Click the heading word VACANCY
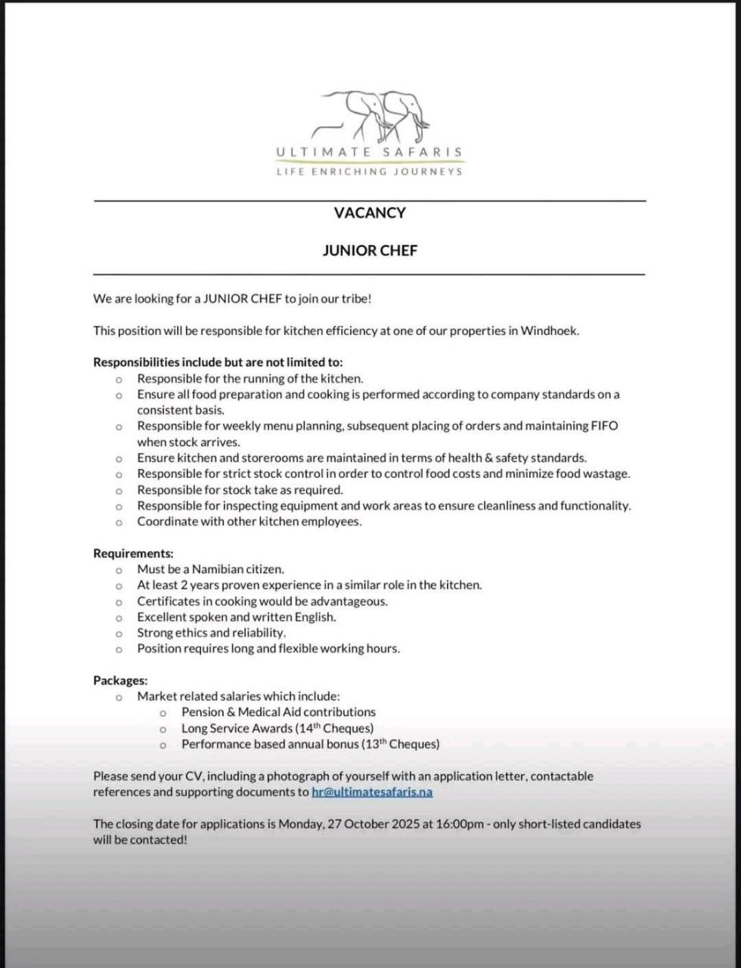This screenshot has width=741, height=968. pyautogui.click(x=370, y=213)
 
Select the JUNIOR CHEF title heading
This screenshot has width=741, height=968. pyautogui.click(x=370, y=250)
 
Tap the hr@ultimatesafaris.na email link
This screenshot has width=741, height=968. pyautogui.click(x=372, y=793)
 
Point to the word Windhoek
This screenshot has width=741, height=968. pyautogui.click(x=549, y=330)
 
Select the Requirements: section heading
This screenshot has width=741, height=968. pyautogui.click(x=133, y=554)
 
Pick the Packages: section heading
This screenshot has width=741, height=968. pyautogui.click(x=120, y=681)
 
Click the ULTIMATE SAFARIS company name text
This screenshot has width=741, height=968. pyautogui.click(x=369, y=152)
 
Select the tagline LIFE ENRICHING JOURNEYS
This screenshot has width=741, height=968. pyautogui.click(x=369, y=172)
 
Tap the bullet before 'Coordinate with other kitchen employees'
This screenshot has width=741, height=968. pyautogui.click(x=119, y=523)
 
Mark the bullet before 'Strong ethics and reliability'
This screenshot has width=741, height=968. pyautogui.click(x=119, y=634)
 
